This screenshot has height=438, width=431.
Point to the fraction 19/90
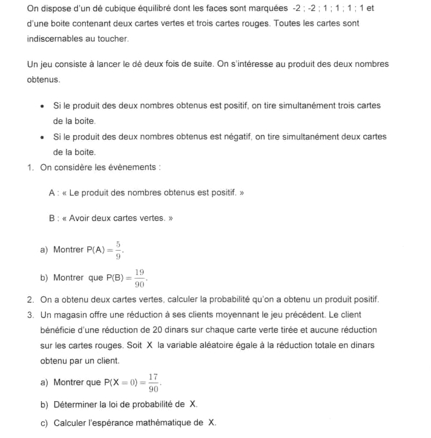coord(140,278)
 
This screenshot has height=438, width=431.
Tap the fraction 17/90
coord(153,382)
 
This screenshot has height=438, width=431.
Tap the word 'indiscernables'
coord(55,39)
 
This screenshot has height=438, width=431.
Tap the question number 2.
coord(30,299)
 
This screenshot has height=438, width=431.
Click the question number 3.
coord(30,315)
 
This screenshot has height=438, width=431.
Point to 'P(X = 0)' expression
coord(122,382)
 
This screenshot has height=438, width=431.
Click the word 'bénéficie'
coord(59,330)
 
